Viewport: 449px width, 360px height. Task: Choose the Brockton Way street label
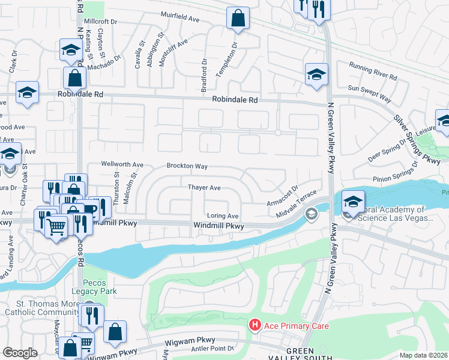click(x=187, y=166)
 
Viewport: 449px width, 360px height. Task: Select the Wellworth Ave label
click(x=122, y=164)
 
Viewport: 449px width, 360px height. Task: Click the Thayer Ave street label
click(x=205, y=188)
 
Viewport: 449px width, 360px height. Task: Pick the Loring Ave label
click(x=223, y=216)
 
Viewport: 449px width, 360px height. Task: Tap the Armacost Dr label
click(x=282, y=196)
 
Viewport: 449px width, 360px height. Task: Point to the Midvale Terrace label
click(x=296, y=206)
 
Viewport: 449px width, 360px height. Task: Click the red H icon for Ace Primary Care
click(x=255, y=325)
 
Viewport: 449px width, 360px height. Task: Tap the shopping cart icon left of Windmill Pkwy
click(x=57, y=227)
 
